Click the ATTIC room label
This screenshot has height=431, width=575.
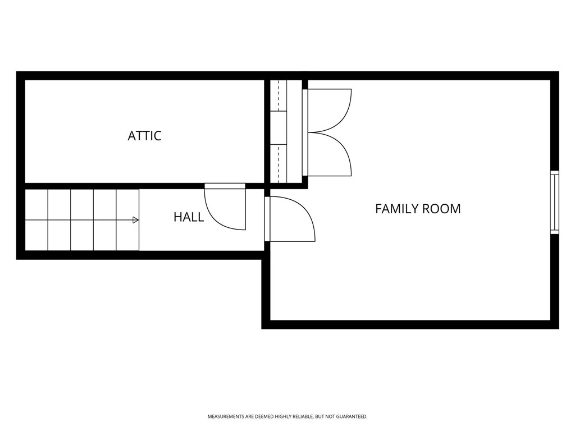144,136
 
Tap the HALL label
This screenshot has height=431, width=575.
189,217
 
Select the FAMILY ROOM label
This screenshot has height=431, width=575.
418,209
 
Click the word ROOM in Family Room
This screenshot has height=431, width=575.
441,209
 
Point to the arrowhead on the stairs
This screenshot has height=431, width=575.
135,220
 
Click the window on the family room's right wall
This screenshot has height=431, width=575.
554,202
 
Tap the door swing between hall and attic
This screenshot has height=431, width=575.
225,208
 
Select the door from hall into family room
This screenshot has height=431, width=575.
289,219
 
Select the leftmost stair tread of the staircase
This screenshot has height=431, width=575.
36,220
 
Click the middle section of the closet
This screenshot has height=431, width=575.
279,128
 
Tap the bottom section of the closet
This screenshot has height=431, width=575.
279,163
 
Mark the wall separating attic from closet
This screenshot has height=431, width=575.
267,132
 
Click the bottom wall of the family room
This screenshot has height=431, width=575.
410,324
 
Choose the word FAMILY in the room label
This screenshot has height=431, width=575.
394,209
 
